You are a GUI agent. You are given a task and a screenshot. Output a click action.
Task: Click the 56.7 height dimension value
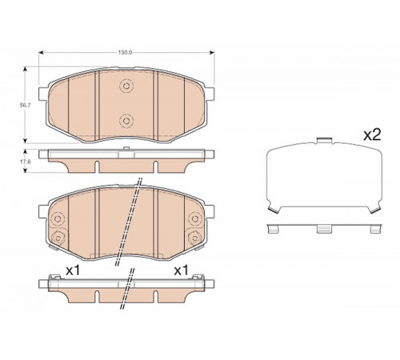point(25,105)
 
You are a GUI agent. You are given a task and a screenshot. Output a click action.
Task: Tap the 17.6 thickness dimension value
point(25,162)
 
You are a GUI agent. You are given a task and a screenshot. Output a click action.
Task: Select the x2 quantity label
point(372,135)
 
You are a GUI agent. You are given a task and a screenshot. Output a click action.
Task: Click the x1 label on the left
point(73,271)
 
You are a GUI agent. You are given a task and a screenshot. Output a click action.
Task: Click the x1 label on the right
point(181,271)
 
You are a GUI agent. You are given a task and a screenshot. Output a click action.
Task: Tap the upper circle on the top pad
point(126,86)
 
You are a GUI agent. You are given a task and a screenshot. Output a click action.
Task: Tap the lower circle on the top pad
point(126,121)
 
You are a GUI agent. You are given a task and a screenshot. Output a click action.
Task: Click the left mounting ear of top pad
point(43,94)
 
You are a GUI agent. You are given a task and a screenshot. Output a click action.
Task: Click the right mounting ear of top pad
point(210,94)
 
